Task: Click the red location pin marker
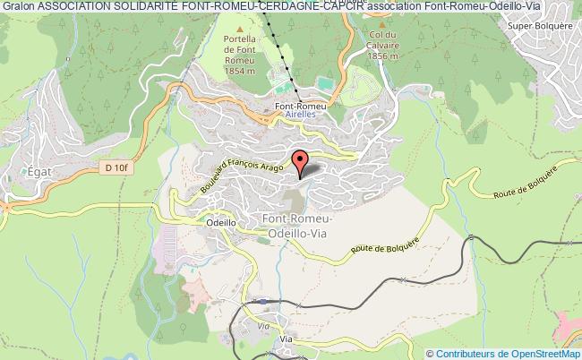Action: point(302,163)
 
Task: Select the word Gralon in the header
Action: point(17,6)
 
